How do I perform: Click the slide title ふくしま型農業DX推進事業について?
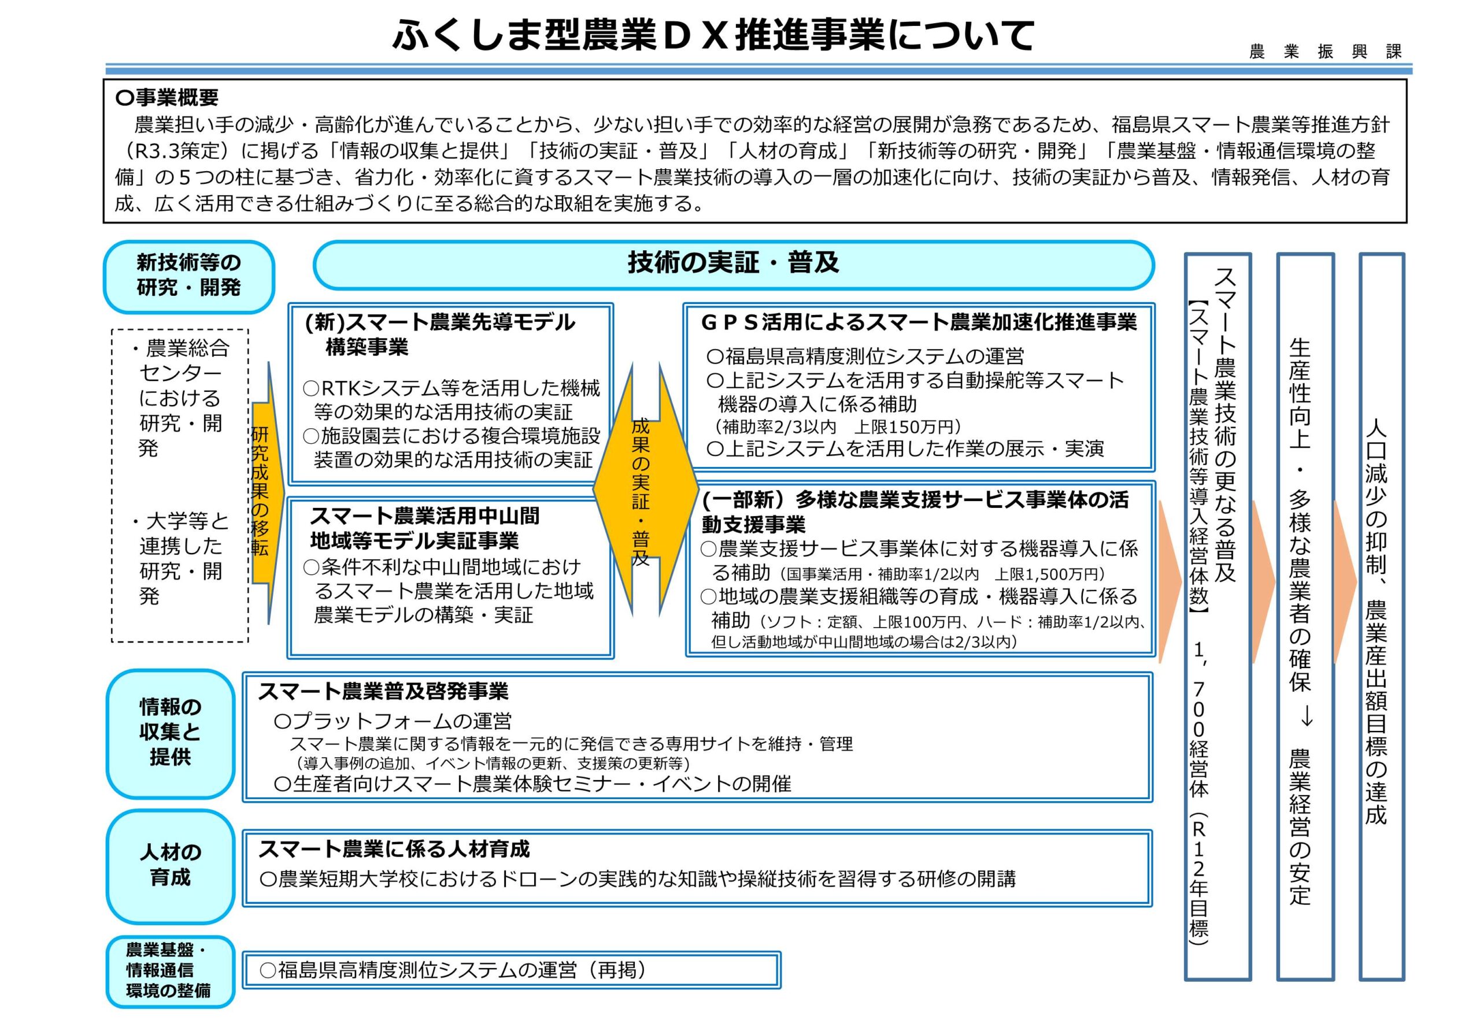pyautogui.click(x=712, y=35)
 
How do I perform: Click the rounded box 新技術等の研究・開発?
pyautogui.click(x=188, y=275)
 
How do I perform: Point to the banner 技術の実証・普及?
pyautogui.click(x=733, y=264)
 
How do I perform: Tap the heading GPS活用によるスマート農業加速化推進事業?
pyautogui.click(x=919, y=321)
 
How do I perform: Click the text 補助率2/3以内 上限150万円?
pyautogui.click(x=838, y=426)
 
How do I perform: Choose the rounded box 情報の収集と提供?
pyautogui.click(x=170, y=732)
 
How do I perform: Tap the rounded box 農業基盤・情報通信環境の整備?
pyautogui.click(x=169, y=970)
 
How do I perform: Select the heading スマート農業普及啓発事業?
pyautogui.click(x=383, y=691)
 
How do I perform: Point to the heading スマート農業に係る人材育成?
pyautogui.click(x=394, y=849)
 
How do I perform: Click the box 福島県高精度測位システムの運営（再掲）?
pyautogui.click(x=511, y=970)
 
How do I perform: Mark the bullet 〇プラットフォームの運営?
pyautogui.click(x=393, y=721)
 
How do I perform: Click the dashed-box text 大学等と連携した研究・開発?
pyautogui.click(x=180, y=558)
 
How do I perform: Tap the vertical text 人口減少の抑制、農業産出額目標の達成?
pyautogui.click(x=1376, y=622)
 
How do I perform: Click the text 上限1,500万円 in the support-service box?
pyautogui.click(x=1050, y=574)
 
